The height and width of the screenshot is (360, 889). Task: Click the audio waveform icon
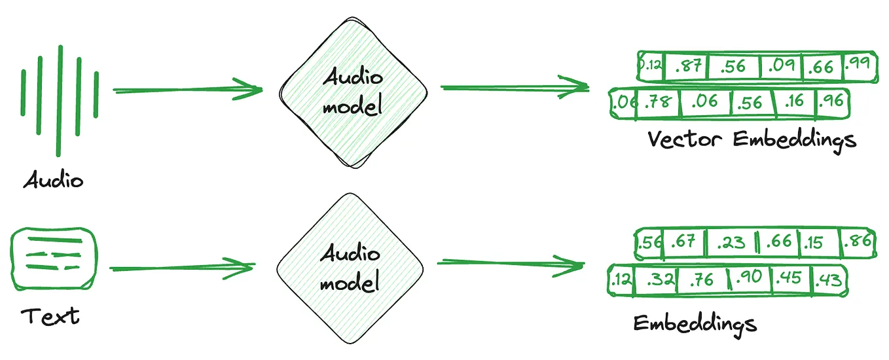(60, 98)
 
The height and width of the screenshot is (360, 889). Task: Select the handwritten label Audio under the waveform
(54, 179)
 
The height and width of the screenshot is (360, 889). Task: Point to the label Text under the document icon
(50, 317)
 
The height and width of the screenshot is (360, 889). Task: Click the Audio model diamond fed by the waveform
(354, 92)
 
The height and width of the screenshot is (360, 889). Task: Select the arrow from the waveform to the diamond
(187, 90)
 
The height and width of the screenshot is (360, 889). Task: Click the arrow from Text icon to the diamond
(183, 268)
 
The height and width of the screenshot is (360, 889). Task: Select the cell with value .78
(657, 103)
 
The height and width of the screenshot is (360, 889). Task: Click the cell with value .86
(857, 242)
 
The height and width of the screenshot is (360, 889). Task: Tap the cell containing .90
(749, 279)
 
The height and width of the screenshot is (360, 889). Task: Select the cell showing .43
(827, 280)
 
